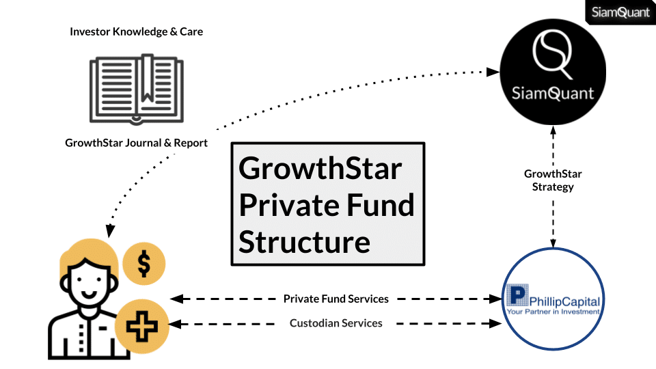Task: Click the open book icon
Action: pos(136,89)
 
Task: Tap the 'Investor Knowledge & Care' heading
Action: pos(136,31)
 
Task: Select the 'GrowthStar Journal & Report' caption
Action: pos(136,143)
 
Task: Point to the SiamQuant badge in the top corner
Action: pos(620,12)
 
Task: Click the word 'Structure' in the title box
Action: pos(304,241)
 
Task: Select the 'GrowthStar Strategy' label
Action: pos(553,180)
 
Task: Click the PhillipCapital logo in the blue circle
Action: pos(554,301)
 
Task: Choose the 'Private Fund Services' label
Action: pos(336,299)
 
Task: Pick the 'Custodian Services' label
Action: pos(336,323)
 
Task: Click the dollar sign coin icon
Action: pos(144,263)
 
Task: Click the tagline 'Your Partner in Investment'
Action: pos(554,312)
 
